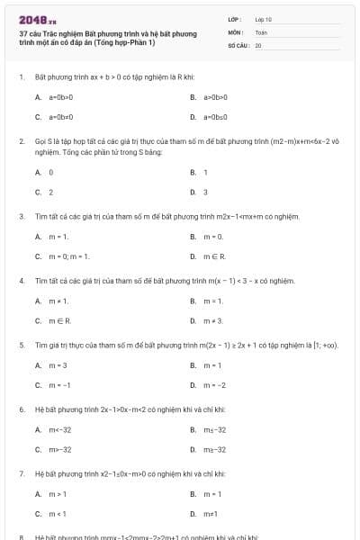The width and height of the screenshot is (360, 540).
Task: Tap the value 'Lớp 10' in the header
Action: pos(264,19)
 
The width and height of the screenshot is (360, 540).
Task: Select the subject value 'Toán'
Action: pos(261,31)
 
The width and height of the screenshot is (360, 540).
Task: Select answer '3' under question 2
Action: pos(205,192)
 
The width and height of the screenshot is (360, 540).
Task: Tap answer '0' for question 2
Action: pos(50,171)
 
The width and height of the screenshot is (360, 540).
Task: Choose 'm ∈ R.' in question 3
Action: pos(214,256)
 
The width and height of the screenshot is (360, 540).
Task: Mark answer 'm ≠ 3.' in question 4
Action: pos(212,320)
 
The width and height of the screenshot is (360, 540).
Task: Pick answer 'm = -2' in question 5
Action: pos(214,385)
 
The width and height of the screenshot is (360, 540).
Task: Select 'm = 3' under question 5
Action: pos(58,364)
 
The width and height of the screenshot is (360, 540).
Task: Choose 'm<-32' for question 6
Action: pos(60,429)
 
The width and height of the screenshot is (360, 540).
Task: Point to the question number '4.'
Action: pos(22,280)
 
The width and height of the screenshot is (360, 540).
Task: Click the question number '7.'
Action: pos(22,472)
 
